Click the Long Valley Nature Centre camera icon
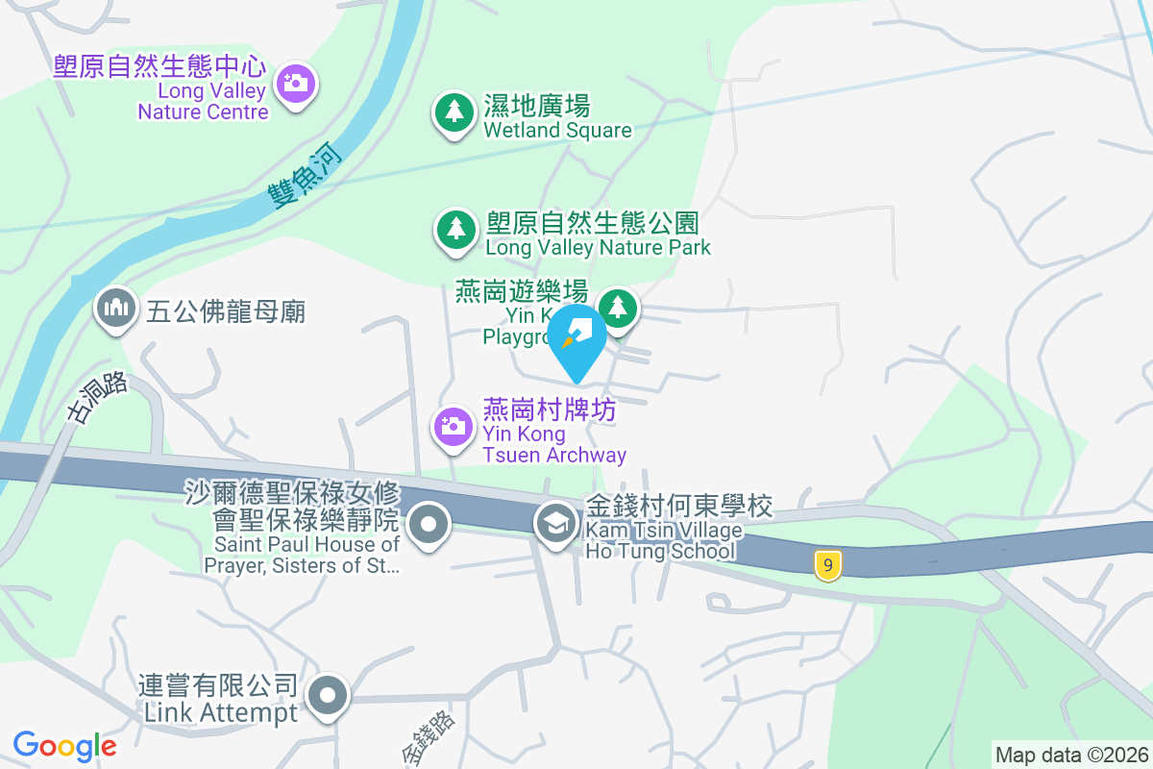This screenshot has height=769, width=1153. click(x=295, y=84)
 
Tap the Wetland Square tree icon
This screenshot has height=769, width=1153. click(x=453, y=113)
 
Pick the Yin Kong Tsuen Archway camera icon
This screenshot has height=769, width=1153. click(x=454, y=425)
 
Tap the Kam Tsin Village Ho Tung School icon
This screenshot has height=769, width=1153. click(x=555, y=524)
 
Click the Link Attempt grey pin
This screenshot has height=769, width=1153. click(x=328, y=693)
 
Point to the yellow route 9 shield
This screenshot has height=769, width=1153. click(x=826, y=565)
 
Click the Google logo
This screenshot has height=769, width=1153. click(x=64, y=746)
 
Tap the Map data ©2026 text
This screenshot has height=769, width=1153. click(x=1071, y=755)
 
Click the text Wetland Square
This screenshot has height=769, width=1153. click(x=557, y=131)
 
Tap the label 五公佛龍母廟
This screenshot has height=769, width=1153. click(x=226, y=311)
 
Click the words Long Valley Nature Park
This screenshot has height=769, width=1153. click(x=598, y=248)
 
